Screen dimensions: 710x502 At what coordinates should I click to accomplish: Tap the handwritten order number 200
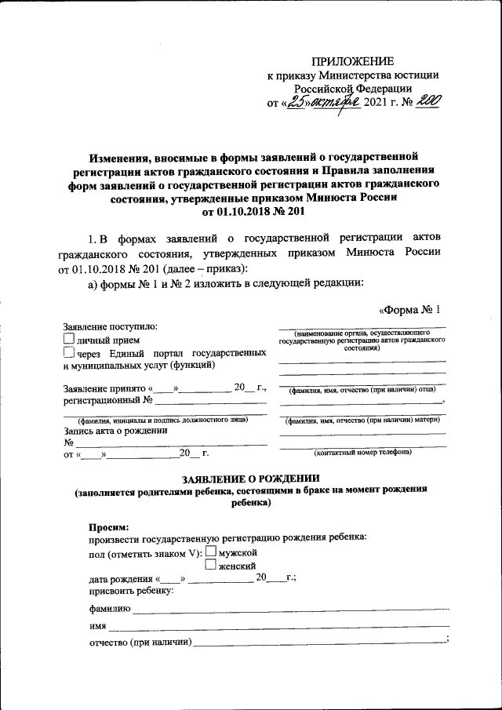point(427,103)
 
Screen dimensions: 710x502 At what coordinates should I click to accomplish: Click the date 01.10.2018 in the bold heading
point(233,212)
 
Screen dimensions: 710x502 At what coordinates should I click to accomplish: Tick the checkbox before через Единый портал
point(68,352)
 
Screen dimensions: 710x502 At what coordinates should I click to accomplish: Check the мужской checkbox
point(210,552)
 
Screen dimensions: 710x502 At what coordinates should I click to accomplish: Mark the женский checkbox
point(210,564)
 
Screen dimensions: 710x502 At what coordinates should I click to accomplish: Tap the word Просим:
point(109,526)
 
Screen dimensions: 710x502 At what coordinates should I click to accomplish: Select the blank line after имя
point(278,625)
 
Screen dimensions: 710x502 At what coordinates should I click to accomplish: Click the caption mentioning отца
point(362,390)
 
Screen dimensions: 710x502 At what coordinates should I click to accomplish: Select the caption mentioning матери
point(362,420)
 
